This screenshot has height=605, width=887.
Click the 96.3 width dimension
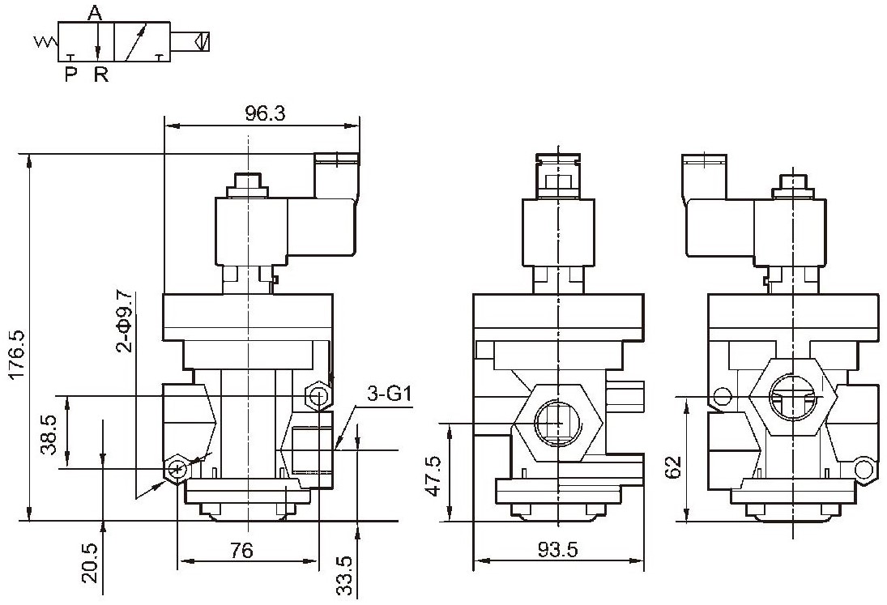click(x=266, y=113)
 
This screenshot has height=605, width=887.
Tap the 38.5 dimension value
click(x=49, y=434)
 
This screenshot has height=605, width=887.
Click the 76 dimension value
click(x=242, y=550)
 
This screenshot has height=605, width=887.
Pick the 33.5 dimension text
click(x=344, y=576)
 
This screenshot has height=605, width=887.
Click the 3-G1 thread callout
click(x=389, y=393)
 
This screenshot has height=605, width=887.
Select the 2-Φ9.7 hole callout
click(x=125, y=321)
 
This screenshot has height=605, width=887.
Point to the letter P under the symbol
click(x=70, y=74)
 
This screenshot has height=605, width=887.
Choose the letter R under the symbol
click(x=100, y=74)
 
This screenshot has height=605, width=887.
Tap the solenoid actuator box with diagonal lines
click(x=202, y=41)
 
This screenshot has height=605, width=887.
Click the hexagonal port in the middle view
click(x=558, y=422)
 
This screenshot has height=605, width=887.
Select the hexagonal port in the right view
click(x=792, y=396)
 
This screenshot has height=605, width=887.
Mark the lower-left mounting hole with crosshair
click(x=177, y=468)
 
